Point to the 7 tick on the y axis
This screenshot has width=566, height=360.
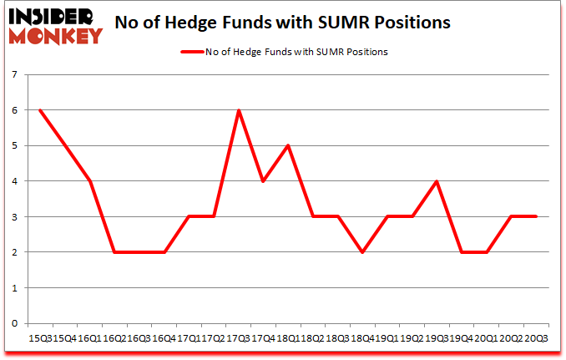15,75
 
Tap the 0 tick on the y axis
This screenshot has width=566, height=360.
15,323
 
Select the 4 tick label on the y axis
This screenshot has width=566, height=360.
15,181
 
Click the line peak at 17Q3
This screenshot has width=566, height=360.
239,110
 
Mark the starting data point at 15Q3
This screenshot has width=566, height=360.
40,110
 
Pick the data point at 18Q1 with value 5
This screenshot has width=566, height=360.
288,145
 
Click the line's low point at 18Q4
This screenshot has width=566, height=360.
362,252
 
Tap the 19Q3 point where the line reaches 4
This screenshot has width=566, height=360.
437,181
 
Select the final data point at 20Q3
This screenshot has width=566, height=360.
536,216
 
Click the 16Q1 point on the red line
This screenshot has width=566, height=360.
89,181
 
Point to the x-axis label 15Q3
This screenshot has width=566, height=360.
40,337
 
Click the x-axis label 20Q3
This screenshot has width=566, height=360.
536,337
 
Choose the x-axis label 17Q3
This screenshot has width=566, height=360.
239,337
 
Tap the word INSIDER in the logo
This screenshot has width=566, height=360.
53,16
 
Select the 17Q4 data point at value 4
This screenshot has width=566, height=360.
263,181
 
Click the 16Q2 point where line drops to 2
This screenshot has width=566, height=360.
114,252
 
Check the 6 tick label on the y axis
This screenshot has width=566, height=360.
15,110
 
